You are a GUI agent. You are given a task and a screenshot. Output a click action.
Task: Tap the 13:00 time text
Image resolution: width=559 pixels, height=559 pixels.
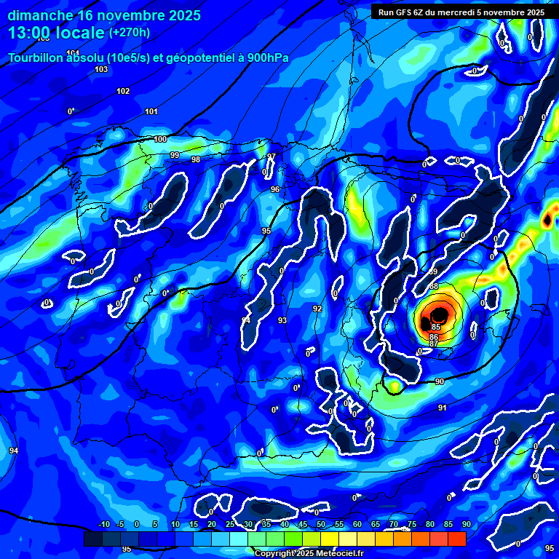pyautogui.click(x=33, y=32)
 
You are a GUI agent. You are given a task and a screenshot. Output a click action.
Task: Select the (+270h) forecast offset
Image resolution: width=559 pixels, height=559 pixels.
pyautogui.click(x=129, y=33)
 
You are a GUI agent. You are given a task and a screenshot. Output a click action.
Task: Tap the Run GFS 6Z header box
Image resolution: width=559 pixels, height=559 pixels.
pyautogui.click(x=461, y=12)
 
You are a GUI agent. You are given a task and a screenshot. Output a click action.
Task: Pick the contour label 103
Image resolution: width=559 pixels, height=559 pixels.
pyautogui.click(x=101, y=69)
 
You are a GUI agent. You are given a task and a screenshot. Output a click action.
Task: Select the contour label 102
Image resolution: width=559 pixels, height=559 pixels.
pyautogui.click(x=123, y=91)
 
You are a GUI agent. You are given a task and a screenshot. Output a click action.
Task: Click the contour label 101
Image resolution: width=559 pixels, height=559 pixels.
pyautogui.click(x=151, y=111)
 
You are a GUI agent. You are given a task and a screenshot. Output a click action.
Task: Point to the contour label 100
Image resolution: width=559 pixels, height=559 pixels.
pyautogui.click(x=160, y=139)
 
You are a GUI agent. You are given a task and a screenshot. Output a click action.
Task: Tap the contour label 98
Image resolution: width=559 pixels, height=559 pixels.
pyautogui.click(x=195, y=159)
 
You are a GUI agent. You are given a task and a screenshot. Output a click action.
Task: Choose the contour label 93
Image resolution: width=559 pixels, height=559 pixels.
pyautogui.click(x=282, y=320)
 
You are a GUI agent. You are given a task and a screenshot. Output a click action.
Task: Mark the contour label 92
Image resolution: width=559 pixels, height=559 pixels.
pyautogui.click(x=317, y=309)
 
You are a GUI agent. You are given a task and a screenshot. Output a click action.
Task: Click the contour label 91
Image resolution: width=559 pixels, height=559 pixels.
pyautogui.click(x=442, y=408)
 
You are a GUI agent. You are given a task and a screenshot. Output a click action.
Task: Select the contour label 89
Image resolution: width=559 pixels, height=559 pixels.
pyautogui.click(x=433, y=271)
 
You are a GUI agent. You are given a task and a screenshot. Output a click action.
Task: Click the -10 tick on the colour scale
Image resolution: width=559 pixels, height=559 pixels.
pyautogui.click(x=103, y=524)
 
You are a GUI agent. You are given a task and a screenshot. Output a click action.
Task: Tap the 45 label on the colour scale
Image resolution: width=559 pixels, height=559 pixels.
pyautogui.click(x=302, y=524)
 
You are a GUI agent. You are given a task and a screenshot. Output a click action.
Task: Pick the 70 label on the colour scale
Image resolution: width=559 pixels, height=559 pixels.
pyautogui.click(x=393, y=524)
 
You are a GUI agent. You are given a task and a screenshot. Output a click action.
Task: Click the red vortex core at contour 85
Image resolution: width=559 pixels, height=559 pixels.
pyautogui.click(x=440, y=316)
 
